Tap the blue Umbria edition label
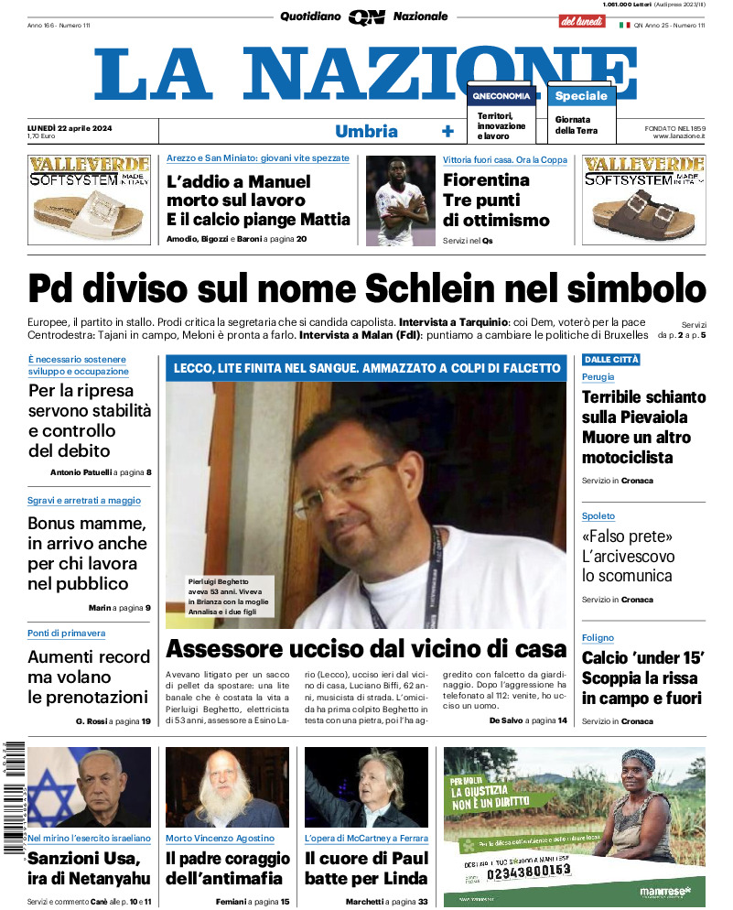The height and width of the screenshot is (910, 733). (366, 131)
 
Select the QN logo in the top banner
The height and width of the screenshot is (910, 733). (366, 16)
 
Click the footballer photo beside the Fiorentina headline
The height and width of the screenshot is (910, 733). (399, 200)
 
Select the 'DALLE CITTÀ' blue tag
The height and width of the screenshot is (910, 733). (611, 360)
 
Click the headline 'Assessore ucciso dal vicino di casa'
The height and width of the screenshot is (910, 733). (366, 649)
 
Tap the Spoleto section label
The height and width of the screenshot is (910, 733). (598, 516)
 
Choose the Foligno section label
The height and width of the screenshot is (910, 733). (598, 638)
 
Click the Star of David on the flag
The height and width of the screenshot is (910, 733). (53, 797)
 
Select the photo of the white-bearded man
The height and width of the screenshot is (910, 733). (227, 787)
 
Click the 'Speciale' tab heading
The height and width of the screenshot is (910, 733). (581, 95)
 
